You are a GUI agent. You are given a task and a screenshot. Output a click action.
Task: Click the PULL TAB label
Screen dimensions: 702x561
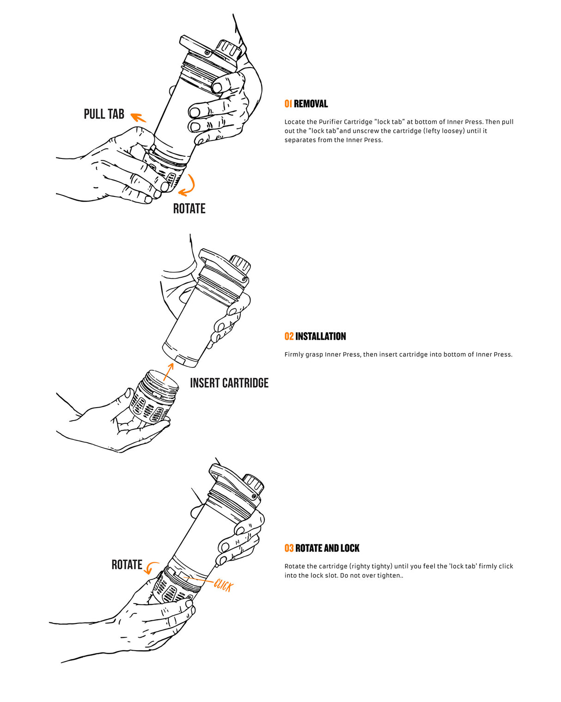[x=104, y=114]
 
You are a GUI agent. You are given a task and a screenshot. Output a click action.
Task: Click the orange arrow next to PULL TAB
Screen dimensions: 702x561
[x=138, y=117]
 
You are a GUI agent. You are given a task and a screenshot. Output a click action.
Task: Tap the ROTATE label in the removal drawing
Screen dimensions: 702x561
[x=189, y=209]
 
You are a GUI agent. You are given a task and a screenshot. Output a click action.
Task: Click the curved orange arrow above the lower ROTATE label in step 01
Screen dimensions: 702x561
[x=189, y=186]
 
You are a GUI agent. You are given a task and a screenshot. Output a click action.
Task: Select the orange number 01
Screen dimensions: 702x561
[x=288, y=104]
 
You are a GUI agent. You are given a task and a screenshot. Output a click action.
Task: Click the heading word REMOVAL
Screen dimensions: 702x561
[x=311, y=104]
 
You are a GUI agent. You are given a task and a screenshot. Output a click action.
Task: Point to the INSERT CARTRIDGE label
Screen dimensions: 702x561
[x=229, y=383]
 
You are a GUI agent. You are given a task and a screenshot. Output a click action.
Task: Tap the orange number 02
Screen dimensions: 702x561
[x=289, y=336]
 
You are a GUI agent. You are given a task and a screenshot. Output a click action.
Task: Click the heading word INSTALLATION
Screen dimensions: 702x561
[x=321, y=336]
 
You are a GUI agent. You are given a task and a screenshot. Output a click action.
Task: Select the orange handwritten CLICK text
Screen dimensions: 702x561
[x=224, y=585]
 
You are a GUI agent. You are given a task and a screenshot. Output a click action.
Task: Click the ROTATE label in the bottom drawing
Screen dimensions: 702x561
[x=127, y=565]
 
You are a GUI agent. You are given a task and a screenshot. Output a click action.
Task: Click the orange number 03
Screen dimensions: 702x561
[x=289, y=548]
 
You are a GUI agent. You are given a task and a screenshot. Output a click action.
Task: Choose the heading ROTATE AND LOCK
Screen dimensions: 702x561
[x=327, y=548]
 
